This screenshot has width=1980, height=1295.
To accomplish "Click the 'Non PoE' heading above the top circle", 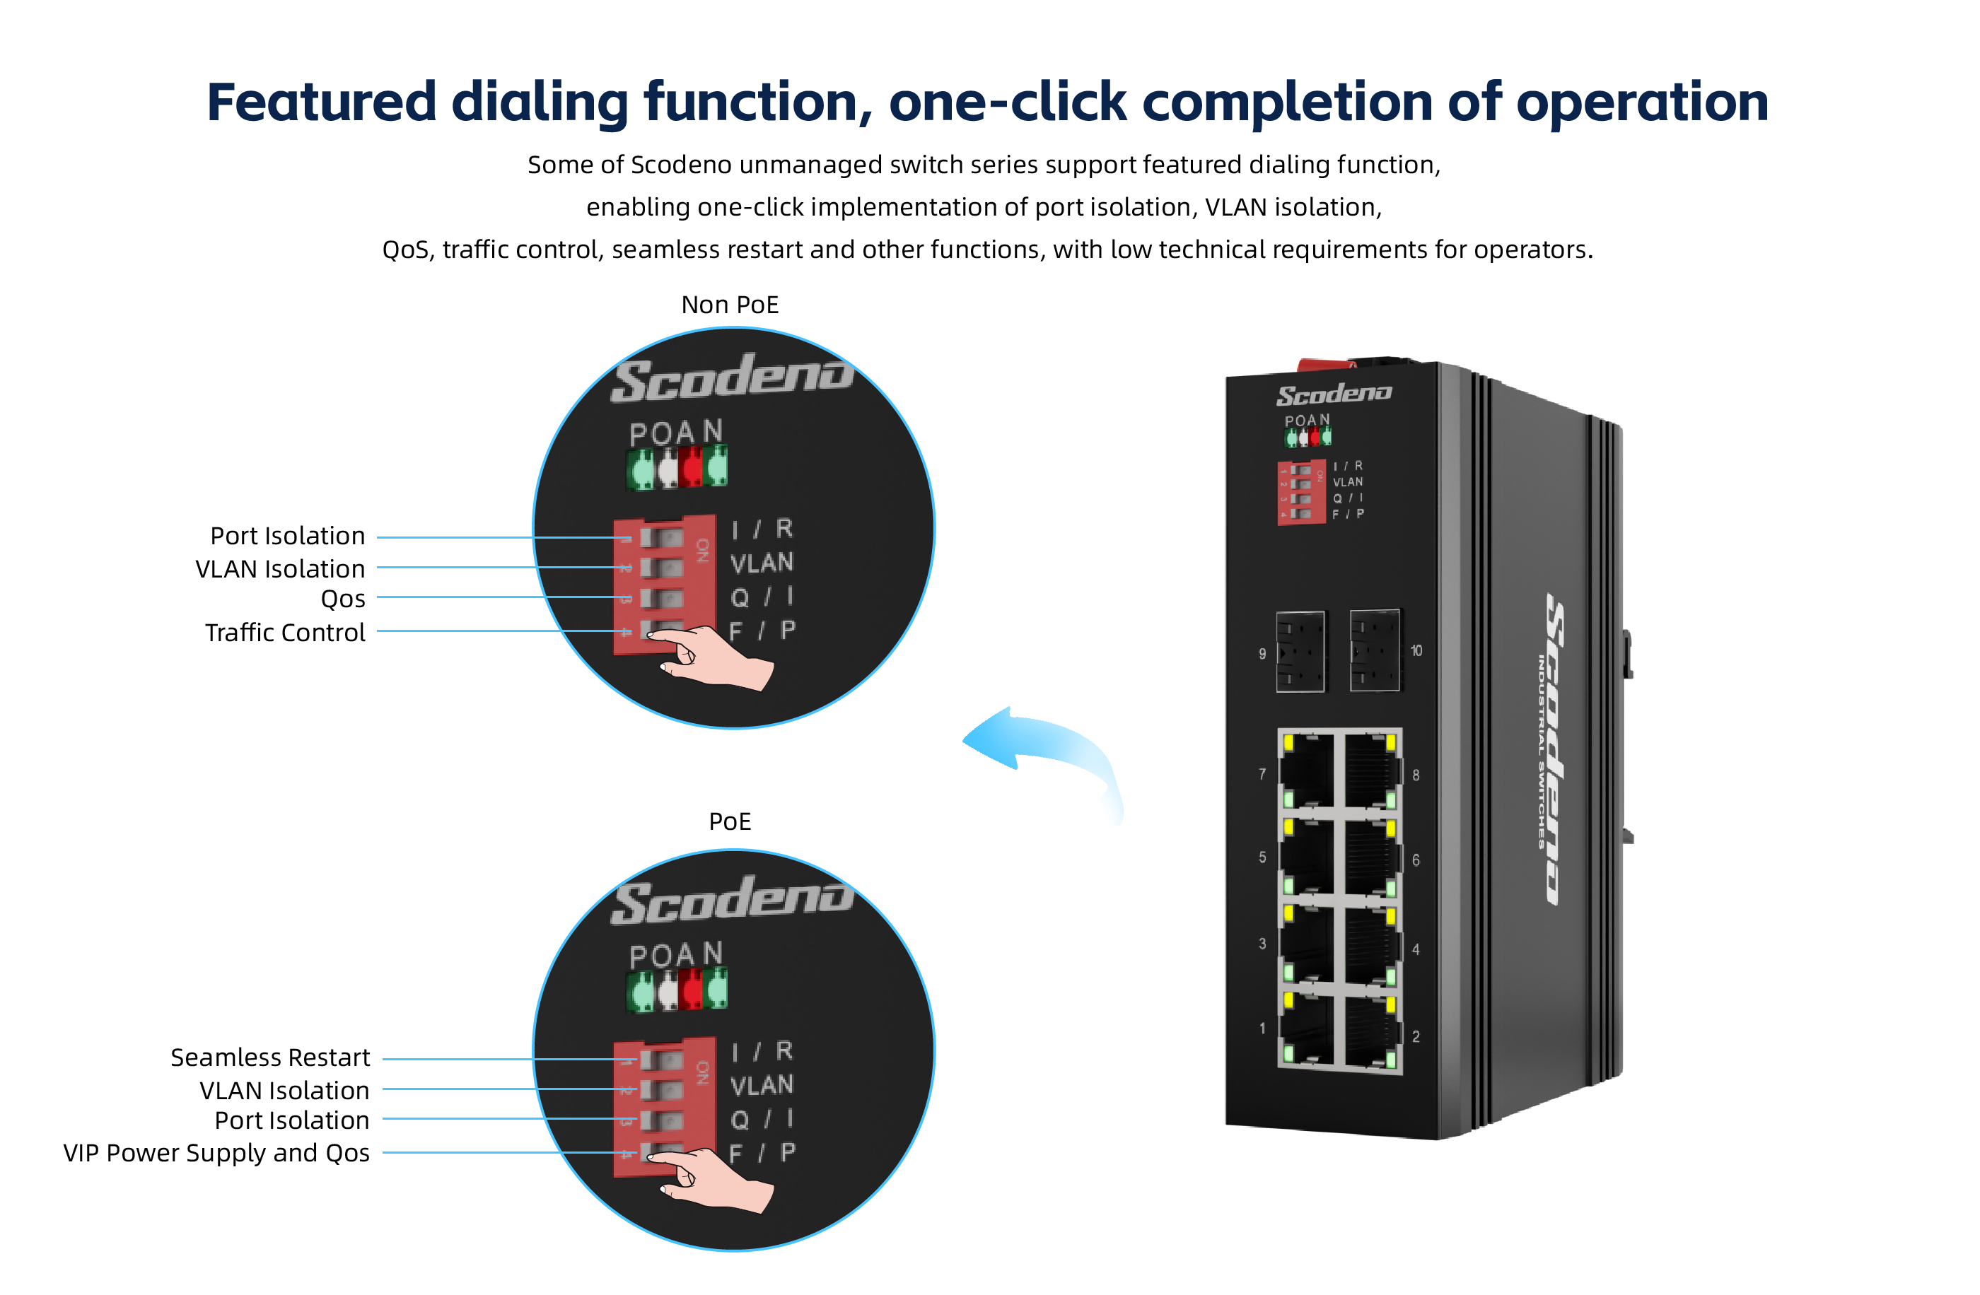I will (730, 305).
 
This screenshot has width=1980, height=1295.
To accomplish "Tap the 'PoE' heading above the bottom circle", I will (730, 822).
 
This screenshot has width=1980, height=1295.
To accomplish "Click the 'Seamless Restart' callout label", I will (269, 1058).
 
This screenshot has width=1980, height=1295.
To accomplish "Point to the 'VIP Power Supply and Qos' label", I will (216, 1154).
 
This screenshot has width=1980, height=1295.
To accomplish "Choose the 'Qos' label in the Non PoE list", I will (343, 599).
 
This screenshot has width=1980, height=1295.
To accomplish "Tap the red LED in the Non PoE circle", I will (690, 467).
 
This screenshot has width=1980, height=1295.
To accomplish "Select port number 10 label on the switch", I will (1416, 651).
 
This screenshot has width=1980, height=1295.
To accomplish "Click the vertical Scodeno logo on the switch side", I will (1554, 749).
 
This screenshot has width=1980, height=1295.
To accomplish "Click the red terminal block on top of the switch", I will (1324, 364).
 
